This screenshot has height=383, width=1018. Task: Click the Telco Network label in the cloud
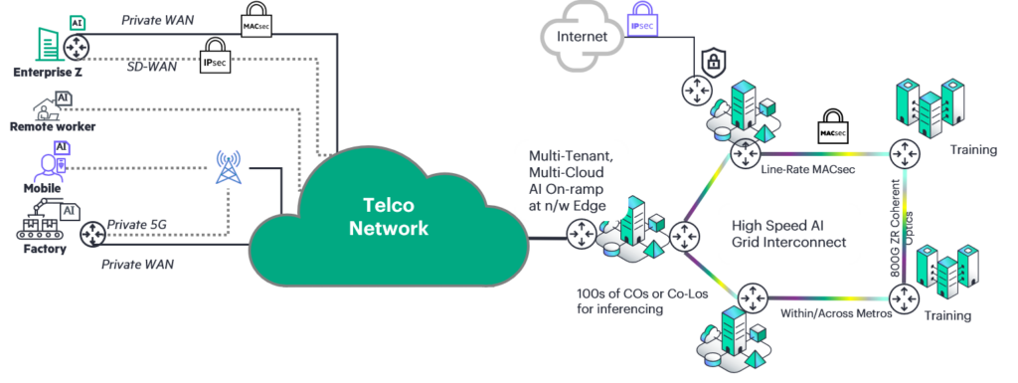tap(389, 216)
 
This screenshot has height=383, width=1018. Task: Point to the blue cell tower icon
tap(228, 167)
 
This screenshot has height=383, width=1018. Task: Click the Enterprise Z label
tap(48, 72)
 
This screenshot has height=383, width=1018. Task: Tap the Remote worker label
tap(53, 126)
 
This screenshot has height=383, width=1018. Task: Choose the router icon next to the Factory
tap(92, 235)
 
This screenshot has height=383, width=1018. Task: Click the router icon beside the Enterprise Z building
tap(77, 46)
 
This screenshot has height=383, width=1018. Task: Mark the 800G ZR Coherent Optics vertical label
tap(903, 227)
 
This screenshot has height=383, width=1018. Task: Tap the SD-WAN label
tap(151, 67)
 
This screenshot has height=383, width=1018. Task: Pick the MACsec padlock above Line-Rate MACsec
tap(831, 125)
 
